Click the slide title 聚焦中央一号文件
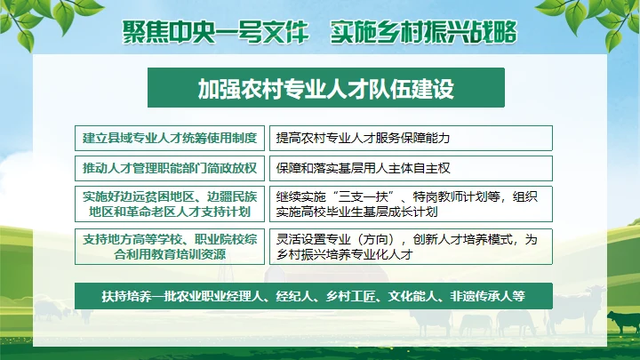216,32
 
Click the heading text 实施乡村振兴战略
423,32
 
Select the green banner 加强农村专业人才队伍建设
325,88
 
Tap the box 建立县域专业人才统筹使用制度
169,139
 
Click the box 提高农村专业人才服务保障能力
410,139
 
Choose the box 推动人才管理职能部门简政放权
169,168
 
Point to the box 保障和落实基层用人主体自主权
410,168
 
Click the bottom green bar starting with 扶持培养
314,296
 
